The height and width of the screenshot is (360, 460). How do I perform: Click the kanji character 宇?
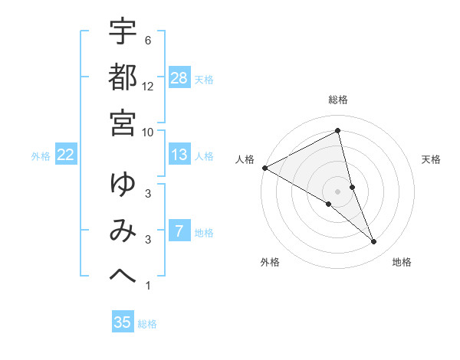[x=123, y=32]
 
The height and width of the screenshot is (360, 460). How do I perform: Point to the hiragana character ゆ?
[x=123, y=185]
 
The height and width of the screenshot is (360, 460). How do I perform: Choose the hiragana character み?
[x=123, y=230]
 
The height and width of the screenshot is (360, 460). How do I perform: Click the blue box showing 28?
[x=179, y=77]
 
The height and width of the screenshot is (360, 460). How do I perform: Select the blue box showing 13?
[x=179, y=155]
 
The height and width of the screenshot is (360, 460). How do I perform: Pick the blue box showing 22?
[x=66, y=155]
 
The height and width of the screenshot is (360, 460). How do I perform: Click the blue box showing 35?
[x=123, y=322]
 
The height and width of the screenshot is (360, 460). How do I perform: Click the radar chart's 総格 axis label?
[x=338, y=100]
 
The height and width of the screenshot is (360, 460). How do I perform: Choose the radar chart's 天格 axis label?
[x=432, y=159]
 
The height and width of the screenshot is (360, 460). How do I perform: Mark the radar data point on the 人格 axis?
[x=264, y=168]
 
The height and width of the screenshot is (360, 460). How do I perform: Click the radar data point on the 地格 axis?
[x=373, y=242]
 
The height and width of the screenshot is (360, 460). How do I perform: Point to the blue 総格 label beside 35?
[x=148, y=324]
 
